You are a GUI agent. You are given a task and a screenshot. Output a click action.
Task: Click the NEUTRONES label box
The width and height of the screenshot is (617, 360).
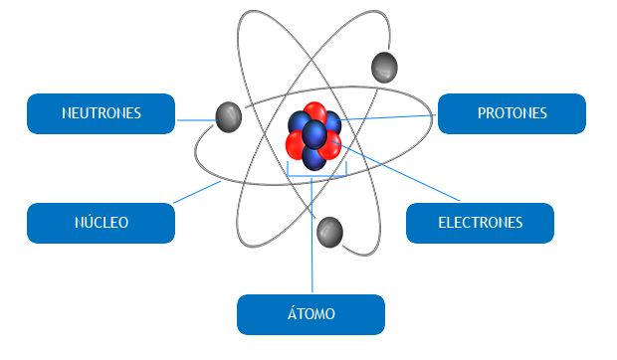point(102,113)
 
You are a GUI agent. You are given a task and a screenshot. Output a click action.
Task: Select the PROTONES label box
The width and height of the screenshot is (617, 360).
point(512,113)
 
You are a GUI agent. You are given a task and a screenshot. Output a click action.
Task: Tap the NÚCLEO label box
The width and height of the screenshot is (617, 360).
point(102,223)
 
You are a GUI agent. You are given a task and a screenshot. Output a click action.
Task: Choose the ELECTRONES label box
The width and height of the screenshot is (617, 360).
point(480,223)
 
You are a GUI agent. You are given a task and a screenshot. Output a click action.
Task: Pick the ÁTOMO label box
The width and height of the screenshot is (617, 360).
point(310,314)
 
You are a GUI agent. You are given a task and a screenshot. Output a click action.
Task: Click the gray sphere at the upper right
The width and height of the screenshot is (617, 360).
point(384,68)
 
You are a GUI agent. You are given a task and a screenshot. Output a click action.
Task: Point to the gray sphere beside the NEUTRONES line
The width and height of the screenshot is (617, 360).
point(229,117)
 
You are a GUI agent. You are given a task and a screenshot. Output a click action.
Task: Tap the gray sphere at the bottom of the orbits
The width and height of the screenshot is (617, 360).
point(329,233)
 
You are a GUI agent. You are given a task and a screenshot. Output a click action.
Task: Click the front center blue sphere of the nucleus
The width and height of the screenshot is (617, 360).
point(314,134)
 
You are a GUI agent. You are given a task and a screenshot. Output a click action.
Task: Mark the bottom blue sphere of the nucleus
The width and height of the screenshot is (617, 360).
point(313,158)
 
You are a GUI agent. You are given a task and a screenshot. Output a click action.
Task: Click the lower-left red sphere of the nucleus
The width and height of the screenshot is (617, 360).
point(296,144)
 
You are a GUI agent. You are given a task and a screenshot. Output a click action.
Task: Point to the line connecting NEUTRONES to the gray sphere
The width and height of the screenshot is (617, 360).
point(196,120)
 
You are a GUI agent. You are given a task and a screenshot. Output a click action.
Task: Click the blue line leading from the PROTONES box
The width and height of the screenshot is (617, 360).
point(387,117)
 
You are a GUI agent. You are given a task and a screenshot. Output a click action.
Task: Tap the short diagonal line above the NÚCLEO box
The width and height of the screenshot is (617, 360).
point(197,192)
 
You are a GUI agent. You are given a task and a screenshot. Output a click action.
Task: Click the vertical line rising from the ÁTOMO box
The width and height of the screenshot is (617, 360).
point(311,235)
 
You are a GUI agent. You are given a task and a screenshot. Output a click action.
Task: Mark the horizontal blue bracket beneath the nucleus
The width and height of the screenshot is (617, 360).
point(317,176)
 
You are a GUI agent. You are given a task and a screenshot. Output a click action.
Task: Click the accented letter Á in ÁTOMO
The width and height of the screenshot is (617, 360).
point(292,313)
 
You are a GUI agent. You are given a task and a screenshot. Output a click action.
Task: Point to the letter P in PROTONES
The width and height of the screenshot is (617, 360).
point(482,113)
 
